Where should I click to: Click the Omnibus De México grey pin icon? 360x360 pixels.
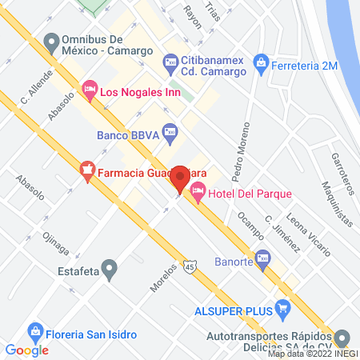[53, 41]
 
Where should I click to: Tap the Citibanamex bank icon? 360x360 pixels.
[170, 61]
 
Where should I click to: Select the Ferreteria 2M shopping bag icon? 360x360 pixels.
[260, 61]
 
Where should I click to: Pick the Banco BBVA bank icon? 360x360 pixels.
[170, 130]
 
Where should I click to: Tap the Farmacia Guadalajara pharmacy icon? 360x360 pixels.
[86, 170]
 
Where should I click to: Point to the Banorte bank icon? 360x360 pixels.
[265, 258]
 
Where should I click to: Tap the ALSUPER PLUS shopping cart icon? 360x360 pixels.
[282, 308]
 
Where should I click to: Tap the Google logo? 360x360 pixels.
[27, 349]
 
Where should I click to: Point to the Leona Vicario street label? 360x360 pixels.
[308, 237]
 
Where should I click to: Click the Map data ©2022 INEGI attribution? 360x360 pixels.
[313, 353]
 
